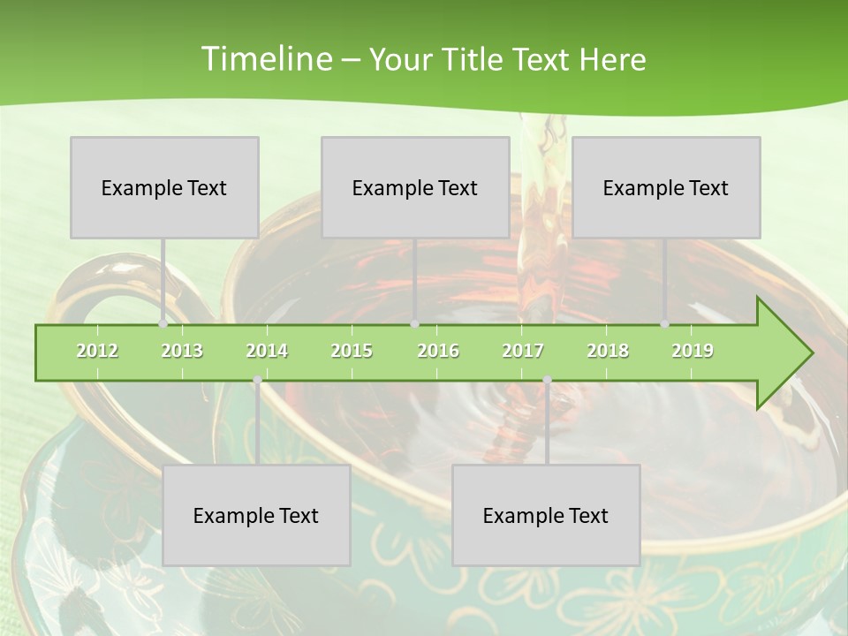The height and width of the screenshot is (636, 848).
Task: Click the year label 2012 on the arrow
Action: (x=97, y=351)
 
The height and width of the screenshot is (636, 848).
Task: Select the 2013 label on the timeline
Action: (x=182, y=351)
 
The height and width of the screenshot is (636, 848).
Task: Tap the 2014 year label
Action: (x=267, y=351)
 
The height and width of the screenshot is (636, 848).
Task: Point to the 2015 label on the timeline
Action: (x=352, y=351)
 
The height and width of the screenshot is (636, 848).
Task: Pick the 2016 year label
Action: (x=438, y=351)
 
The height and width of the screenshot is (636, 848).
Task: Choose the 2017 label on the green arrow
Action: (x=523, y=351)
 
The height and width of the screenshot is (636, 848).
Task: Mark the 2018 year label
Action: (x=608, y=351)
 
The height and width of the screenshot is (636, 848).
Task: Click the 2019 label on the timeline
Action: (x=693, y=351)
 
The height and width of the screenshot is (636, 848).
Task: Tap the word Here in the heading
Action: (x=612, y=60)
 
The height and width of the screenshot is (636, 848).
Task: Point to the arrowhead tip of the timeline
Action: (x=811, y=353)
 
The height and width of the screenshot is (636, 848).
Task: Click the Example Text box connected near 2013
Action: (x=164, y=187)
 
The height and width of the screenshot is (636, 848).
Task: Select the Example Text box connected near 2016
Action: (x=415, y=187)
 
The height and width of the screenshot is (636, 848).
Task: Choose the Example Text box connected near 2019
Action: (x=666, y=187)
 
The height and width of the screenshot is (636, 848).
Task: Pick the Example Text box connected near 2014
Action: (x=256, y=515)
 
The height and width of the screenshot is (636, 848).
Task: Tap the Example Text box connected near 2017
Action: (x=546, y=515)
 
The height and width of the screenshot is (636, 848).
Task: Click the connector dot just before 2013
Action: (x=163, y=324)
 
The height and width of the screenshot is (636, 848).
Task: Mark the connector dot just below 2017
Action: (x=547, y=380)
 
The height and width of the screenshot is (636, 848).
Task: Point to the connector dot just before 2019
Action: (x=665, y=324)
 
